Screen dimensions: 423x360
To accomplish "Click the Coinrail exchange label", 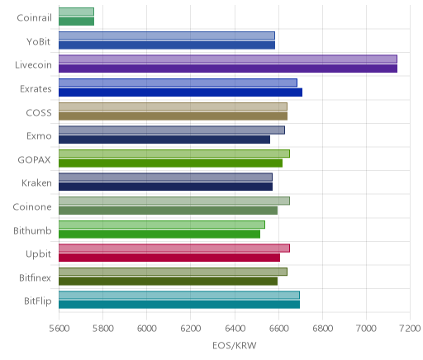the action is click(34, 18).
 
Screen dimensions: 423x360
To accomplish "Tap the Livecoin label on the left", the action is click(33, 65).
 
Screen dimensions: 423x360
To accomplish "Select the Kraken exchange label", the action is click(36, 183).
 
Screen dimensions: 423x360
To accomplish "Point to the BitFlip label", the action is click(38, 301).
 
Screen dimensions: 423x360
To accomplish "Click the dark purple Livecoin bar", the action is click(228, 69).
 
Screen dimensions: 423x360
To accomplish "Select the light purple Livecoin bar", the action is click(228, 59).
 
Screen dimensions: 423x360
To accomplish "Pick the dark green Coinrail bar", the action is click(76, 21).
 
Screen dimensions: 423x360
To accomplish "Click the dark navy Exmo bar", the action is click(164, 140).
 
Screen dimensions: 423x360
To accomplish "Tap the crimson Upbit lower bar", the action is click(169, 258).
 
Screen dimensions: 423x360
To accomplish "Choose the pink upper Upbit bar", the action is click(174, 248).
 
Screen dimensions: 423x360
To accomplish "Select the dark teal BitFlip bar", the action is click(179, 305).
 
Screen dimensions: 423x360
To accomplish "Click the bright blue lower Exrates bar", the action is click(180, 92).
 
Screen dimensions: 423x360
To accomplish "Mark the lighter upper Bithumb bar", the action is click(162, 225).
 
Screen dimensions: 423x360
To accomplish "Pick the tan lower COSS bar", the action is click(173, 116).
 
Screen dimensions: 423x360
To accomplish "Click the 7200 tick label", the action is click(411, 329).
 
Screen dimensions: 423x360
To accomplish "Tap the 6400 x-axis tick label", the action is click(235, 329).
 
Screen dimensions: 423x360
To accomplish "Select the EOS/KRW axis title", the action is click(235, 345).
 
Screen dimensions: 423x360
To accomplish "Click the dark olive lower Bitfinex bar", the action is click(168, 282).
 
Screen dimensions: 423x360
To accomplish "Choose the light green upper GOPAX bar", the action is click(174, 154).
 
